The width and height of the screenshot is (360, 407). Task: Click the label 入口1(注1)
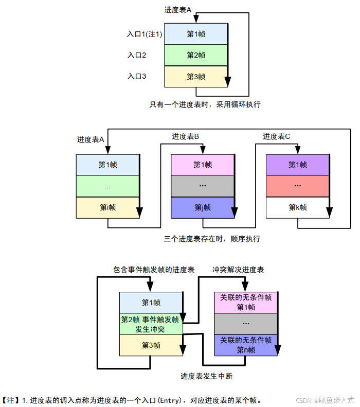pos(145,34)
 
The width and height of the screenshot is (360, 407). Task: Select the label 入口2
pos(137,55)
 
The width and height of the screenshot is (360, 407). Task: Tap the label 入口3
pos(137,76)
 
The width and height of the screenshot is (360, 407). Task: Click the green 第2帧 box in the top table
pos(195,55)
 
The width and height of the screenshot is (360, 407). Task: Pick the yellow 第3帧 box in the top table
pos(195,77)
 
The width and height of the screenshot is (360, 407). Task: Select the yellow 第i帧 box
pos(107,207)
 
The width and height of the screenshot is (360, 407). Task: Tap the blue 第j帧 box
pos(202,207)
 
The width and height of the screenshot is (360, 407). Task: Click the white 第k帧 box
pos(297,207)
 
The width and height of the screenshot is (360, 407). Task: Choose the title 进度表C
pos(277,136)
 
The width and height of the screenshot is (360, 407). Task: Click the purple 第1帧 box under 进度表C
pos(297,165)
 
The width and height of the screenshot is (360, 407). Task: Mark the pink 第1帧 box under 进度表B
pos(202,165)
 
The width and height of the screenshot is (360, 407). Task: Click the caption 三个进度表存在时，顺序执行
pos(212,239)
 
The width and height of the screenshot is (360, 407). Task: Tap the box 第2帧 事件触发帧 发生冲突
pos(150,324)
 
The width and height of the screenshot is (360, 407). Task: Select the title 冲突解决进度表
pos(239,270)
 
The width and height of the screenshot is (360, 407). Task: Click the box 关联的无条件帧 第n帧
pos(245,345)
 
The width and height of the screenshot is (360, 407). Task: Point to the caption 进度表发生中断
pos(206,376)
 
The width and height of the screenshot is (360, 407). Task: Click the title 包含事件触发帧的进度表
pos(154,270)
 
